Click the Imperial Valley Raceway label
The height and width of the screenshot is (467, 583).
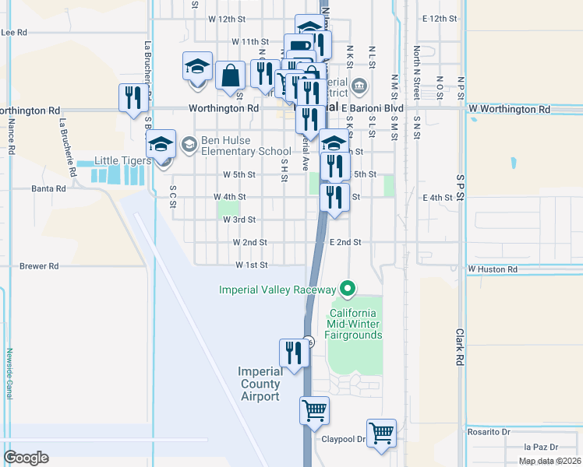(278, 290)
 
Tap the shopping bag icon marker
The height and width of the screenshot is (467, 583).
(231, 76)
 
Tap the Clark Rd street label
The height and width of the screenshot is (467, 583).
(459, 347)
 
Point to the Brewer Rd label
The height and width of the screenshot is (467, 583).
(39, 266)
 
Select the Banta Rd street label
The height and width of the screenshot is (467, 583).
(46, 188)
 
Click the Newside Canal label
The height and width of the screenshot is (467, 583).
(10, 374)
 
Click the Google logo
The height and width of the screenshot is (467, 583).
(26, 458)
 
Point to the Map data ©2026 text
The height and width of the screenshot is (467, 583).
(549, 461)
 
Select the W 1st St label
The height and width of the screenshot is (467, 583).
(252, 265)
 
